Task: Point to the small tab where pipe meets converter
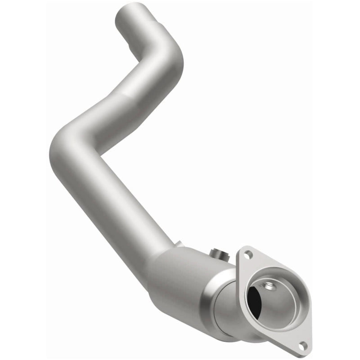point(180,244)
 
